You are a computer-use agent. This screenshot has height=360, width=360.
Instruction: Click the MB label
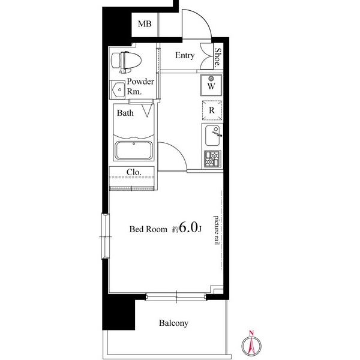[x=145, y=25]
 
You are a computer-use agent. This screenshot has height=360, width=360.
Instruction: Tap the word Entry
[x=184, y=56]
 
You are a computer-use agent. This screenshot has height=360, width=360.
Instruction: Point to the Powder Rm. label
[x=140, y=86]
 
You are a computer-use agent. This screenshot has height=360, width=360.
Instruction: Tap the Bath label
[x=125, y=113]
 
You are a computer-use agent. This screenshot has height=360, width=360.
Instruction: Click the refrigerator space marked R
[x=212, y=111]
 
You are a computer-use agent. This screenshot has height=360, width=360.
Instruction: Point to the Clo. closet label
[x=133, y=172]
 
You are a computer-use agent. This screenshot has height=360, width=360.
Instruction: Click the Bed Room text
[x=149, y=229]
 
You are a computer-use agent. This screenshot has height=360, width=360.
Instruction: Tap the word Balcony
[x=173, y=323]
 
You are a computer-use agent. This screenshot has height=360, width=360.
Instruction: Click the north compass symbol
[x=253, y=343]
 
